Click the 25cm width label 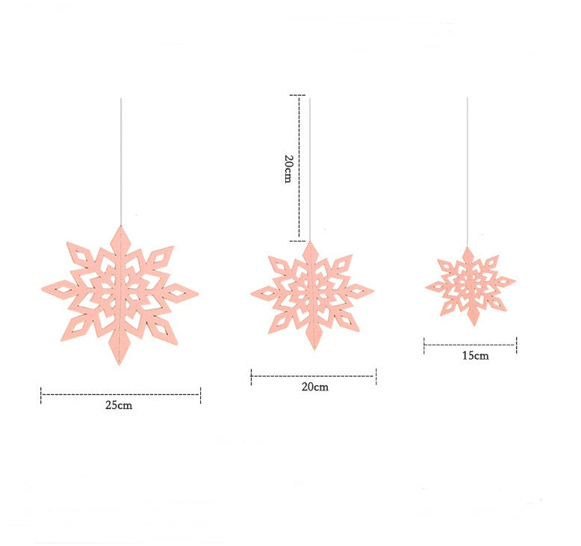pyautogui.click(x=119, y=405)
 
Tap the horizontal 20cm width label pyautogui.click(x=314, y=387)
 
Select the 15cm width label pyautogui.click(x=475, y=355)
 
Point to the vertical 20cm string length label pyautogui.click(x=288, y=170)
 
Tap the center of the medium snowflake pyautogui.click(x=313, y=292)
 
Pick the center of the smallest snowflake pyautogui.click(x=470, y=284)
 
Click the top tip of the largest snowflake pyautogui.click(x=119, y=226)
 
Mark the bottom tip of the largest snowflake pyautogui.click(x=119, y=364)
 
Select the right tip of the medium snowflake pyautogui.click(x=373, y=289)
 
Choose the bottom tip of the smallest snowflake pyautogui.click(x=471, y=325)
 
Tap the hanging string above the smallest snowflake pyautogui.click(x=468, y=172)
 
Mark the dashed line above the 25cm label pyautogui.click(x=120, y=394)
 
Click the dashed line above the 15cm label pyautogui.click(x=470, y=345)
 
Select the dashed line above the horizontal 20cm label pyautogui.click(x=314, y=376)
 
